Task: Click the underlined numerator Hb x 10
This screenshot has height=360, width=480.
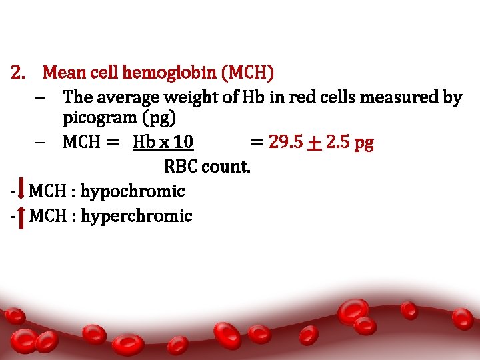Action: (x=163, y=142)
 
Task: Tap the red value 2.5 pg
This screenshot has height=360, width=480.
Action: (x=349, y=143)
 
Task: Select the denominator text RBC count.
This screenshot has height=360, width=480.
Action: (x=207, y=167)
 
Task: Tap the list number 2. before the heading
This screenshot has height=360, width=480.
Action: (x=19, y=71)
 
